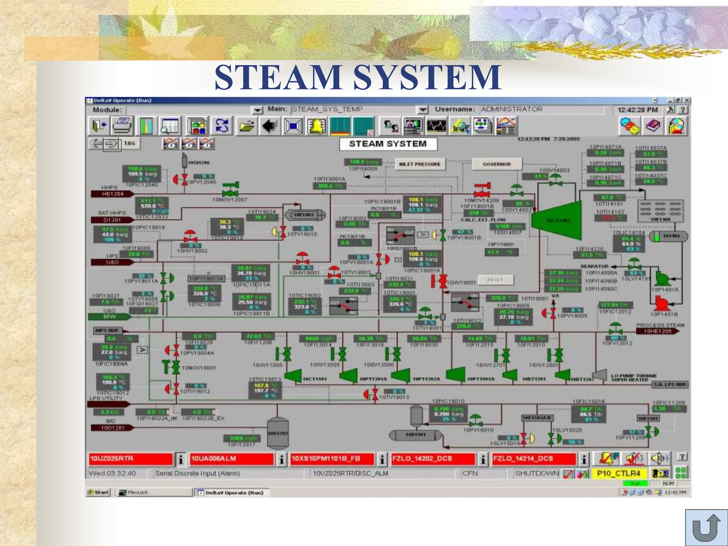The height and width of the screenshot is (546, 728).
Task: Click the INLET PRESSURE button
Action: click(x=420, y=164)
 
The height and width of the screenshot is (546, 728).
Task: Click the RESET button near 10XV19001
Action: click(x=495, y=280)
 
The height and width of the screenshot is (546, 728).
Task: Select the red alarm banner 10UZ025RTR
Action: click(x=130, y=459)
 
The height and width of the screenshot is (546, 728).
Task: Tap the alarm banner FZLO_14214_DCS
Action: click(x=534, y=459)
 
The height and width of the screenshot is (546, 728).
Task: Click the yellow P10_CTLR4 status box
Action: click(x=619, y=473)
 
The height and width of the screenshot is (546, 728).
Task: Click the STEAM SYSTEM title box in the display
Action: click(x=388, y=144)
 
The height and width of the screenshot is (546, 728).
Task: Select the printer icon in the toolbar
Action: click(x=122, y=126)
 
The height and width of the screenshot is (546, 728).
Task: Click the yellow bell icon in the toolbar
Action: click(x=316, y=126)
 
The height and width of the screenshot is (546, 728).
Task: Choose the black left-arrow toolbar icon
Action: click(x=269, y=126)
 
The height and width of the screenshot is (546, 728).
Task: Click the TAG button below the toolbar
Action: click(x=129, y=143)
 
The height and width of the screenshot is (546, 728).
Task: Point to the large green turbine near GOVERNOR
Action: click(x=557, y=220)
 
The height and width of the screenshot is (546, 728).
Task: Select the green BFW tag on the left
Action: click(x=108, y=316)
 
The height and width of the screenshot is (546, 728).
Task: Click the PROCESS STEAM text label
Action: click(x=660, y=325)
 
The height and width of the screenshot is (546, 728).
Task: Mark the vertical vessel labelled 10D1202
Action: click(x=278, y=433)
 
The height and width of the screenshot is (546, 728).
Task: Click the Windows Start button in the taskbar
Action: click(x=98, y=492)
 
